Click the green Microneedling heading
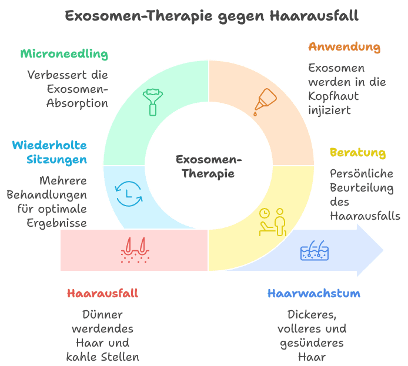(x=64, y=54)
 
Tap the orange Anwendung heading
(x=344, y=47)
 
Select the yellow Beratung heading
(x=357, y=153)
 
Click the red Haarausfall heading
(x=102, y=293)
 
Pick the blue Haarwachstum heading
(x=313, y=293)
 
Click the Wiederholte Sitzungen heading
(x=49, y=152)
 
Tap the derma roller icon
(x=153, y=101)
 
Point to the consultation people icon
(x=272, y=221)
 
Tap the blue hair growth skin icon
(x=315, y=251)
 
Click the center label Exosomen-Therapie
(x=208, y=166)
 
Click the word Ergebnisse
(x=57, y=223)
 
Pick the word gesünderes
(x=311, y=343)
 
